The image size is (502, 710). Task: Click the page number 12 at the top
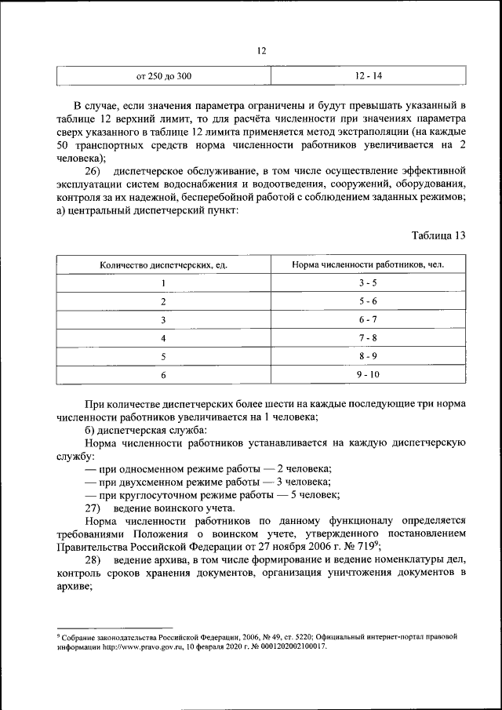click(x=262, y=50)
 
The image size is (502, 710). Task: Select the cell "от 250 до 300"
click(x=164, y=76)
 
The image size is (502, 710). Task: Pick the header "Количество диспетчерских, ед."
click(x=164, y=264)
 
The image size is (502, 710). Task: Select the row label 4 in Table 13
click(x=164, y=338)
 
